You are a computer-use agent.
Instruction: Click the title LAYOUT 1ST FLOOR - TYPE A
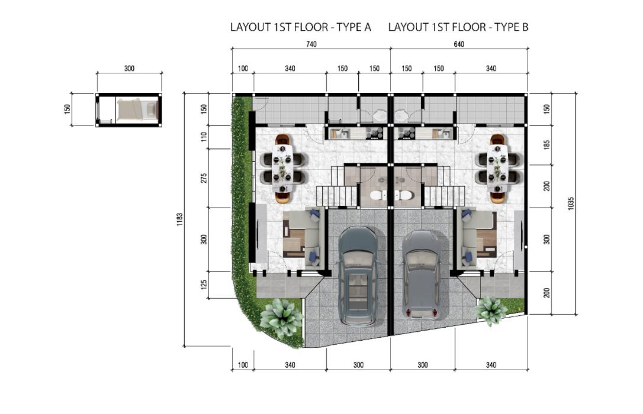301,27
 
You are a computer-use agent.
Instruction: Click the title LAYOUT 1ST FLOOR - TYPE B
458,27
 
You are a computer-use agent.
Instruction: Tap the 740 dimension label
311,44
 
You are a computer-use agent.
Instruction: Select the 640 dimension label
459,44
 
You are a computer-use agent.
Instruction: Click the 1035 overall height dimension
571,203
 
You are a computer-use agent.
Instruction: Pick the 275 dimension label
204,178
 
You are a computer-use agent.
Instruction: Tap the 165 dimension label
546,145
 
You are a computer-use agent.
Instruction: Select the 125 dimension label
204,284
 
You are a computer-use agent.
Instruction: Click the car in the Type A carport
358,276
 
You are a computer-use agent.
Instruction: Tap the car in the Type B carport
422,275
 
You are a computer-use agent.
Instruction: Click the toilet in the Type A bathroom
378,196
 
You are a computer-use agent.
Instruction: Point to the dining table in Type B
497,169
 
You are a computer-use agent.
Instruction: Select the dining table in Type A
284,169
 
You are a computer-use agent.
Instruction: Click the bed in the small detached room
137,109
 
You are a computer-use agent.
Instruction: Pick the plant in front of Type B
491,310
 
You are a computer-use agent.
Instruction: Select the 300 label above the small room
129,69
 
